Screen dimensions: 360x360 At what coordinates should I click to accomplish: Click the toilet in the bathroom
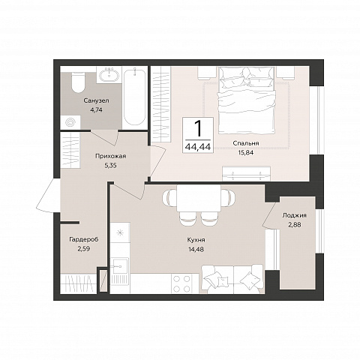tap(78, 82)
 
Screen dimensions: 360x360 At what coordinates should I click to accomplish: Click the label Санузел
tap(97, 101)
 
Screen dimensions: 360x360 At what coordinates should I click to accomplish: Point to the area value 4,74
tap(97, 109)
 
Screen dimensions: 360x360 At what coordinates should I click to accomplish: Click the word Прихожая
tap(110, 157)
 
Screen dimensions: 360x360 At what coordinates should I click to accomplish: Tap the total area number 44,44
tap(198, 147)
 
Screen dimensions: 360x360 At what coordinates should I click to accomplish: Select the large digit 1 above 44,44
tap(199, 128)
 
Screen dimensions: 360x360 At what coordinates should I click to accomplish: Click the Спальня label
tap(246, 143)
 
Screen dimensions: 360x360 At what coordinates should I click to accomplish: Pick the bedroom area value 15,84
tap(246, 152)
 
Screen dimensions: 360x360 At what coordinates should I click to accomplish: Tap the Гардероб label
tap(84, 239)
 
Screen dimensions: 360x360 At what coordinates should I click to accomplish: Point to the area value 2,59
tap(84, 249)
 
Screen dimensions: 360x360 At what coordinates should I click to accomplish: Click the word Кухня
tap(196, 240)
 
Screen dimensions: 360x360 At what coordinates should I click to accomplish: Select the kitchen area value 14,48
tap(196, 249)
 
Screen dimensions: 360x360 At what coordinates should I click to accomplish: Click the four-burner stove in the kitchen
tap(181, 283)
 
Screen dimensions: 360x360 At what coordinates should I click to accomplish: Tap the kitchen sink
tap(120, 265)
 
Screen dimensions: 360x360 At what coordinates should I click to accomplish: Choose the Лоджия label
tap(295, 216)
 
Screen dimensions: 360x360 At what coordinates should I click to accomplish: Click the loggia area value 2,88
tap(295, 225)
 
